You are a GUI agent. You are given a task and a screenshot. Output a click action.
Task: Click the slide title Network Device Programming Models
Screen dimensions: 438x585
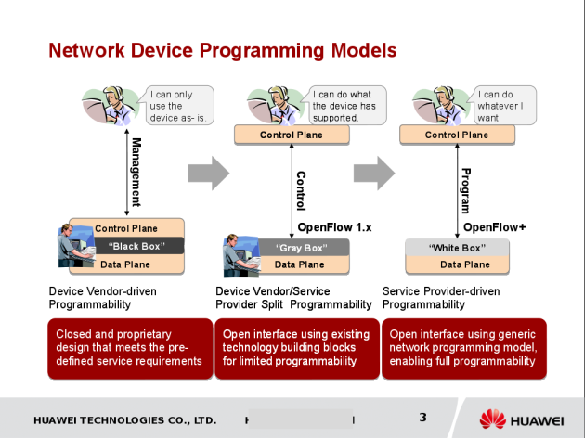[222, 50]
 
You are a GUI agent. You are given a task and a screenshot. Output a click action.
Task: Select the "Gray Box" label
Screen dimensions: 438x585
[298, 248]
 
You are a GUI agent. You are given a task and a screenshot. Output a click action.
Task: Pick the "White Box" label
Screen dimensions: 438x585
[457, 248]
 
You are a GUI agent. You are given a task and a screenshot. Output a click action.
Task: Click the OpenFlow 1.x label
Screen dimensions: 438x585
[334, 226]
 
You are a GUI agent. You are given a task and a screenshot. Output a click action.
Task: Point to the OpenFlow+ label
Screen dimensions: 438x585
[495, 226]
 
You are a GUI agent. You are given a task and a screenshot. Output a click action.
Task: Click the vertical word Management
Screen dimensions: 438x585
[136, 173]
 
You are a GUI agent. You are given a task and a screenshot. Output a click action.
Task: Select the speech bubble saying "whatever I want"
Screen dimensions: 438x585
[500, 105]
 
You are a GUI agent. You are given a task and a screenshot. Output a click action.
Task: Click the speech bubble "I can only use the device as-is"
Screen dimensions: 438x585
[180, 105]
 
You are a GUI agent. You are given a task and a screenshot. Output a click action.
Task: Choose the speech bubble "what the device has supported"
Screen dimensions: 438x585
[343, 105]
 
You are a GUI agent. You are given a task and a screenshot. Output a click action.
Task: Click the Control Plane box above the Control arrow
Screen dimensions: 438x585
[291, 135]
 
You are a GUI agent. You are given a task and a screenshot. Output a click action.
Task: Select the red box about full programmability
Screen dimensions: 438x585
[463, 348]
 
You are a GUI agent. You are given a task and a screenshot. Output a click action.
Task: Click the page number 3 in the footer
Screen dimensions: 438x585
[422, 417]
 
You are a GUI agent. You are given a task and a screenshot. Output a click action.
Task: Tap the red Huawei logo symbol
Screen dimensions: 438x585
[493, 419]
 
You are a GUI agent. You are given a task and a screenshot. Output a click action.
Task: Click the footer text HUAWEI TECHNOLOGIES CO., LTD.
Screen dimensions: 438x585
[124, 419]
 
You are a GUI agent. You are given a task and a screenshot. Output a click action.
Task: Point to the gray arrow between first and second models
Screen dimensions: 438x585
[208, 172]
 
